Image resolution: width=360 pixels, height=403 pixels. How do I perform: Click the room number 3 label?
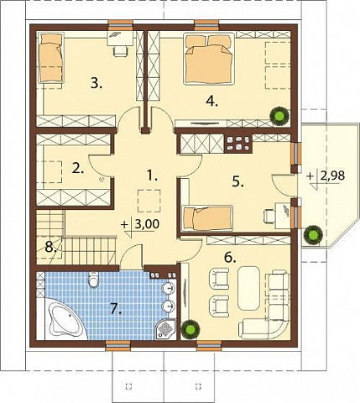point(97,83)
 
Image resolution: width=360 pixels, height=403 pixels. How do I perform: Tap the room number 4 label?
point(211,101)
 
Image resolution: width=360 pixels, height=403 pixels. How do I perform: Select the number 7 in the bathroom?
point(116,309)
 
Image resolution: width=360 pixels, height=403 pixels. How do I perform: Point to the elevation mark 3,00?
point(147,224)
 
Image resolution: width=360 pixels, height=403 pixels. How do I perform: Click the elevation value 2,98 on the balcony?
point(333,176)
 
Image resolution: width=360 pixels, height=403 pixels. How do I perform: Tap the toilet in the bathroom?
point(93,279)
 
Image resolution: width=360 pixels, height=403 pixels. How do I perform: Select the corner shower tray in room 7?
point(166,330)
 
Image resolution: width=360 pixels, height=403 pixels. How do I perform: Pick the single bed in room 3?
point(50,58)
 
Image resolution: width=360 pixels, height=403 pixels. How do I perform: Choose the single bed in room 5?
point(207,218)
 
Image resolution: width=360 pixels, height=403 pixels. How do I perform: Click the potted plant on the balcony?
point(313,235)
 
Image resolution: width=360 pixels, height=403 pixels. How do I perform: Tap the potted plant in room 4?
point(279,115)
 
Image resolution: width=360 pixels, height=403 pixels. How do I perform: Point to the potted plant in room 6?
point(190,329)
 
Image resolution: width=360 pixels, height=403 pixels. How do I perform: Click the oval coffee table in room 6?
point(248,288)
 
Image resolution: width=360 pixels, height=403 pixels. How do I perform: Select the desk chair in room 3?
point(120,51)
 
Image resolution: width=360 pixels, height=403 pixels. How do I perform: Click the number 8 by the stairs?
point(50,248)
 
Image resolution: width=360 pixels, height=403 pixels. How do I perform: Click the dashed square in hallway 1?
point(149,201)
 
